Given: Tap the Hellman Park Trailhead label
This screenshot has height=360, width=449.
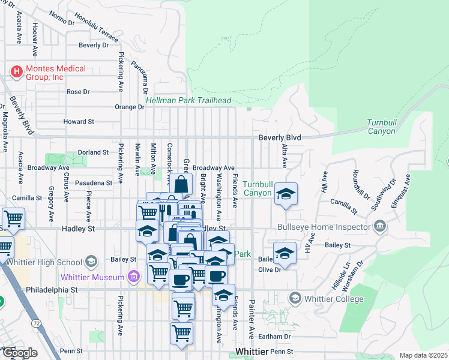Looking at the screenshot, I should [188, 101].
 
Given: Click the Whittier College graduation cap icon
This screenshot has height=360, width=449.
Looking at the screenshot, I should [295, 298].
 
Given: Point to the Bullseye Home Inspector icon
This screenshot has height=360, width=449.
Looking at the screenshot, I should [379, 227].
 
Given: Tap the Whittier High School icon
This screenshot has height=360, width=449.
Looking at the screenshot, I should [91, 261].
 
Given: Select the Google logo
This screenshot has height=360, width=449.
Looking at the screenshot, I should [19, 353].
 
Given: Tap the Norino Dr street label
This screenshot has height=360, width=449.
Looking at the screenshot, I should [62, 18].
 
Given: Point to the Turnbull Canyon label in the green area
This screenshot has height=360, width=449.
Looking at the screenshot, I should [381, 127].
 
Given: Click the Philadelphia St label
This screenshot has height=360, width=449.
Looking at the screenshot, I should [52, 289].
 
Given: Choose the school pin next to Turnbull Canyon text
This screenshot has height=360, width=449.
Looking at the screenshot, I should [286, 194].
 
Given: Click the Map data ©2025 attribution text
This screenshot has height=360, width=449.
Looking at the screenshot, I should [423, 355].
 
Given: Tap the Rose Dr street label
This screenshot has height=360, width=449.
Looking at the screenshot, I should [78, 92].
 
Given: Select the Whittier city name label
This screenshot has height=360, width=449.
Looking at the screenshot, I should [252, 351].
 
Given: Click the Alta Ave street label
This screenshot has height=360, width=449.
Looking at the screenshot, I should [285, 155].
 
